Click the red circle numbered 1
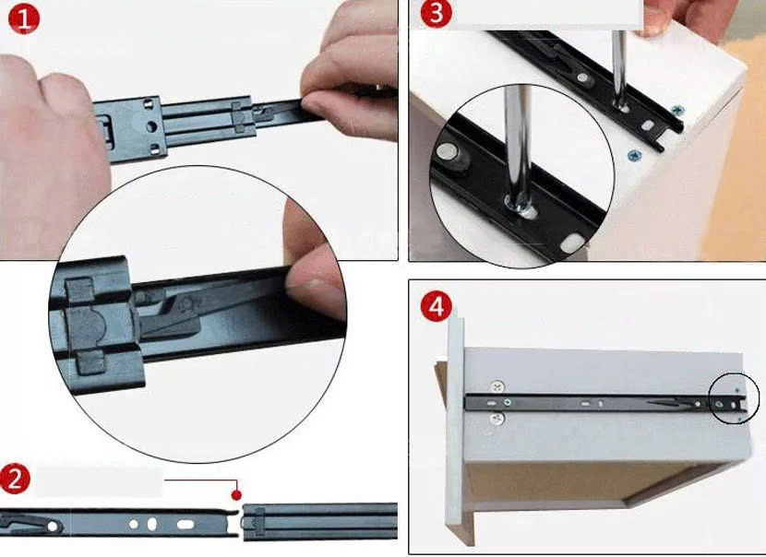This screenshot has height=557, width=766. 24,18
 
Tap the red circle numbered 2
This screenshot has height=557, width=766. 15,479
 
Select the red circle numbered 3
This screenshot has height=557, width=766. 437,13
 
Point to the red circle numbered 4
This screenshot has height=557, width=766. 437,306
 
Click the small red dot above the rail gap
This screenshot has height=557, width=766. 236,495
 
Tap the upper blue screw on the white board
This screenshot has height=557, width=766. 677,111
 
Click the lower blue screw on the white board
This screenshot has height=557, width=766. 634,156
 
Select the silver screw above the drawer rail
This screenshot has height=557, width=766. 497,387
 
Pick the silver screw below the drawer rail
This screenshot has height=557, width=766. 497,419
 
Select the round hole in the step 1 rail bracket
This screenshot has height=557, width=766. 151,127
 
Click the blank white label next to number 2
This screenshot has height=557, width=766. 99,481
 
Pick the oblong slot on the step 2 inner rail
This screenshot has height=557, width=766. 186,525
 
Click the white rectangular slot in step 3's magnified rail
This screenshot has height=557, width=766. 572,243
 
